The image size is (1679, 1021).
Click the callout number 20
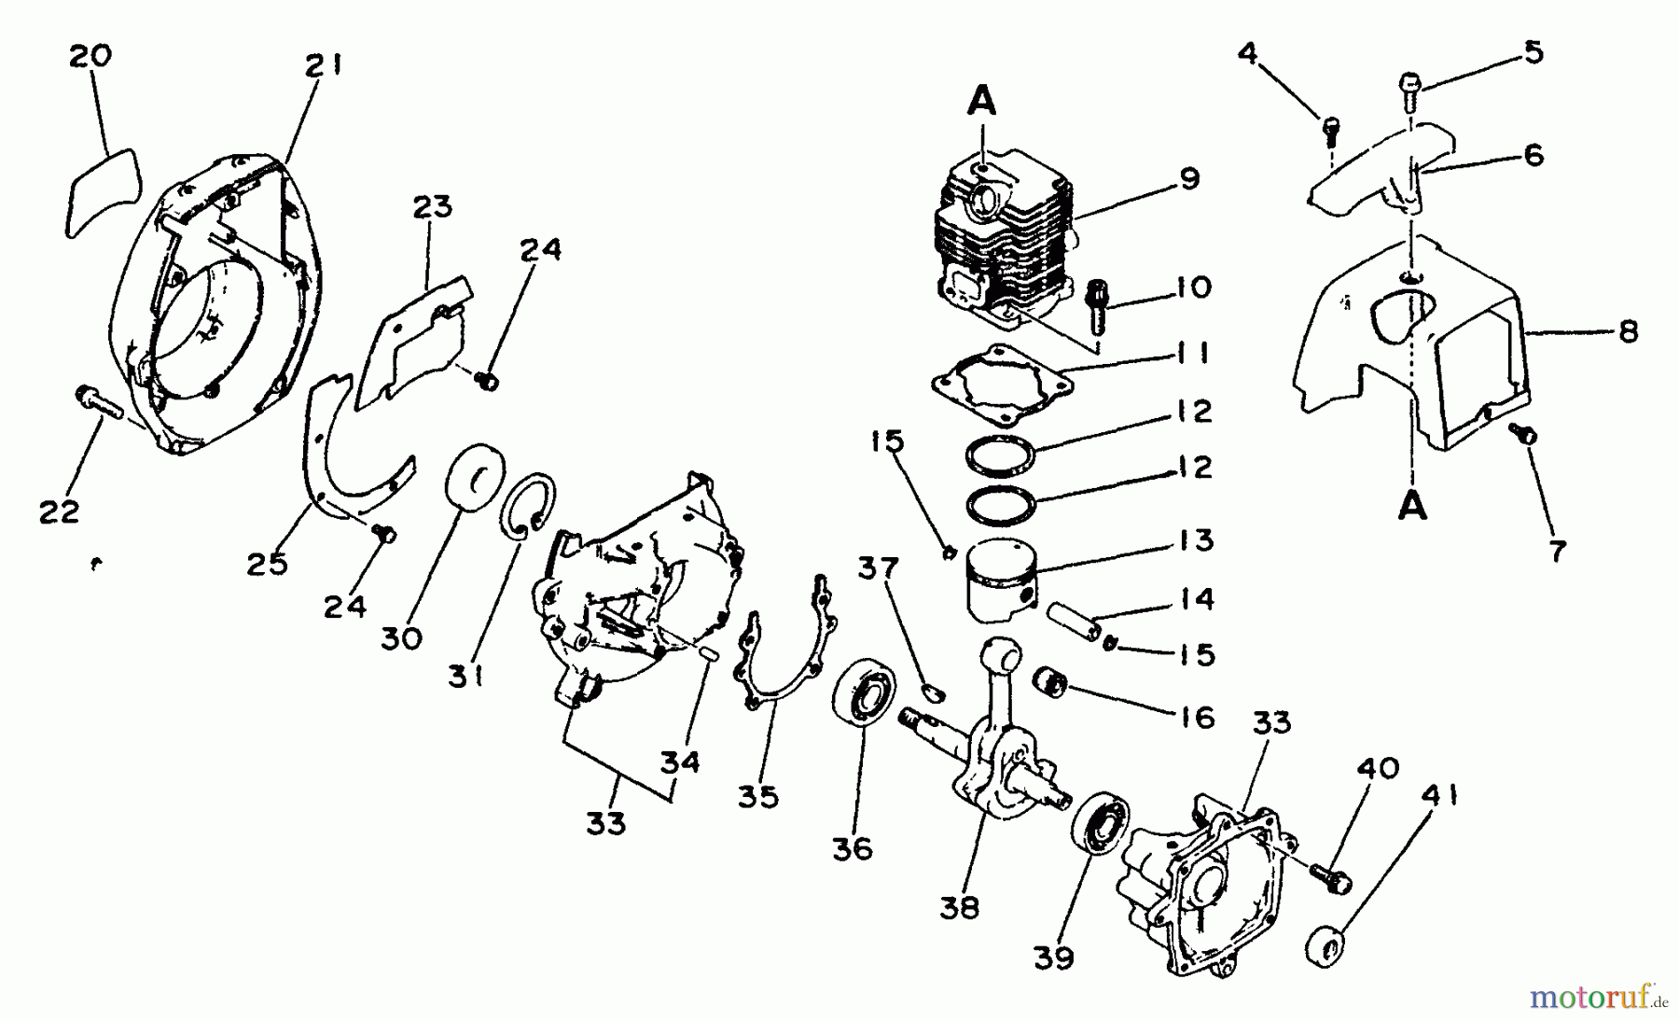tap(90, 56)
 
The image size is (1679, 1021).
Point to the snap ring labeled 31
tap(530, 505)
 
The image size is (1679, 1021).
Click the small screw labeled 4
tap(1331, 127)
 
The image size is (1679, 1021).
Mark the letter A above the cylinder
tap(980, 100)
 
